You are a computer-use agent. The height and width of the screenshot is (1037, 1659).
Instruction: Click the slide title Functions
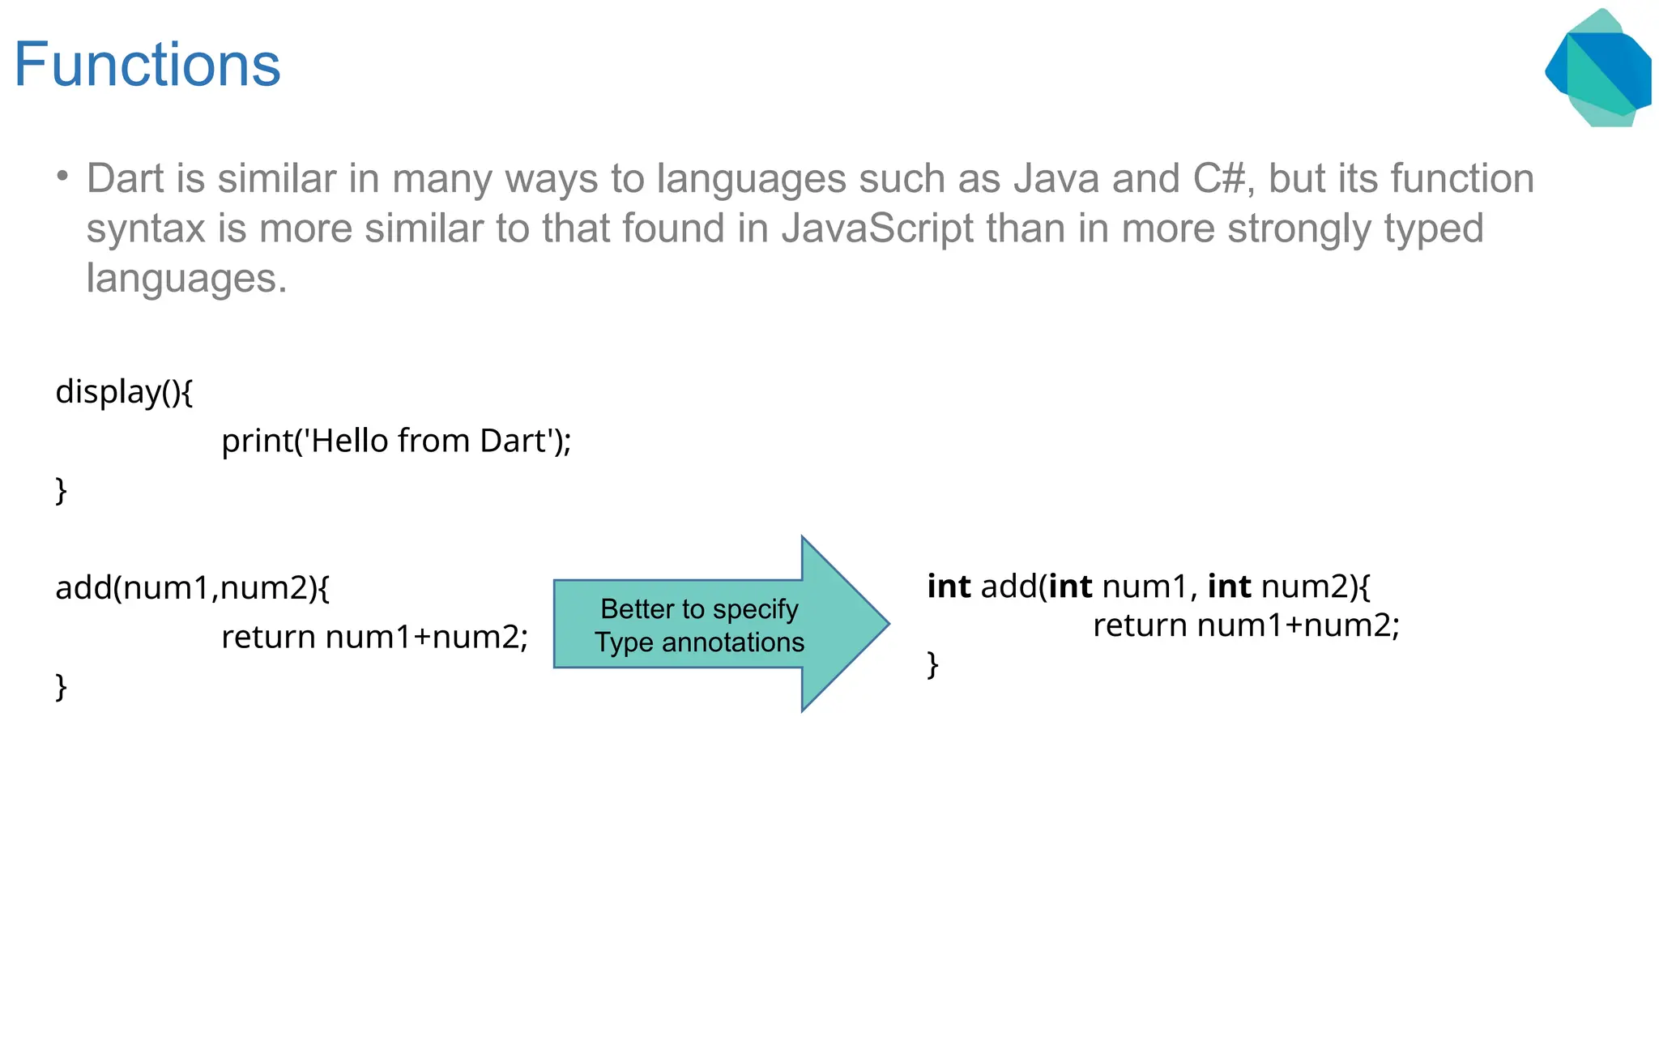[147, 65]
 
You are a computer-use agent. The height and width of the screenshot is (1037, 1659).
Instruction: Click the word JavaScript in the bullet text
[877, 228]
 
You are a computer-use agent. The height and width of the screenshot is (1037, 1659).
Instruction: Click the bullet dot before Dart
[62, 176]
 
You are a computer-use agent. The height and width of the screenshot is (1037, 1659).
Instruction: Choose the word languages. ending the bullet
[186, 278]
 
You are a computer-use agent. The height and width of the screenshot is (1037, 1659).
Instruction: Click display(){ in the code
[124, 392]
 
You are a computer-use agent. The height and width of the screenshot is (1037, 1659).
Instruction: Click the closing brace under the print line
[61, 491]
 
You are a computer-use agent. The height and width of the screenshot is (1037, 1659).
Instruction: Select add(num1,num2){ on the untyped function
[192, 587]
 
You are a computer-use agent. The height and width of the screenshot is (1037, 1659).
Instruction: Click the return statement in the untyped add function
[374, 637]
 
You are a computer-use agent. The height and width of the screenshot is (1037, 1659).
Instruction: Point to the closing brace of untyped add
[61, 687]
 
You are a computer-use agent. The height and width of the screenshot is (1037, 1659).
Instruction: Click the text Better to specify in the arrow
[699, 608]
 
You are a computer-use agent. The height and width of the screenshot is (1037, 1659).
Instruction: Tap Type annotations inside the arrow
[699, 642]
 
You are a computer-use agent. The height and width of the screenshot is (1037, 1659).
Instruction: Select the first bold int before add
[949, 586]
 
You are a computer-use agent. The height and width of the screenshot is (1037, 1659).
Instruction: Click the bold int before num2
[1229, 586]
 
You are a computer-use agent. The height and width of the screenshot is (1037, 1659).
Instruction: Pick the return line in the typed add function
[1246, 625]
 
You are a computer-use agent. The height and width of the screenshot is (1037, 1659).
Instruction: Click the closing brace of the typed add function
[933, 664]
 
